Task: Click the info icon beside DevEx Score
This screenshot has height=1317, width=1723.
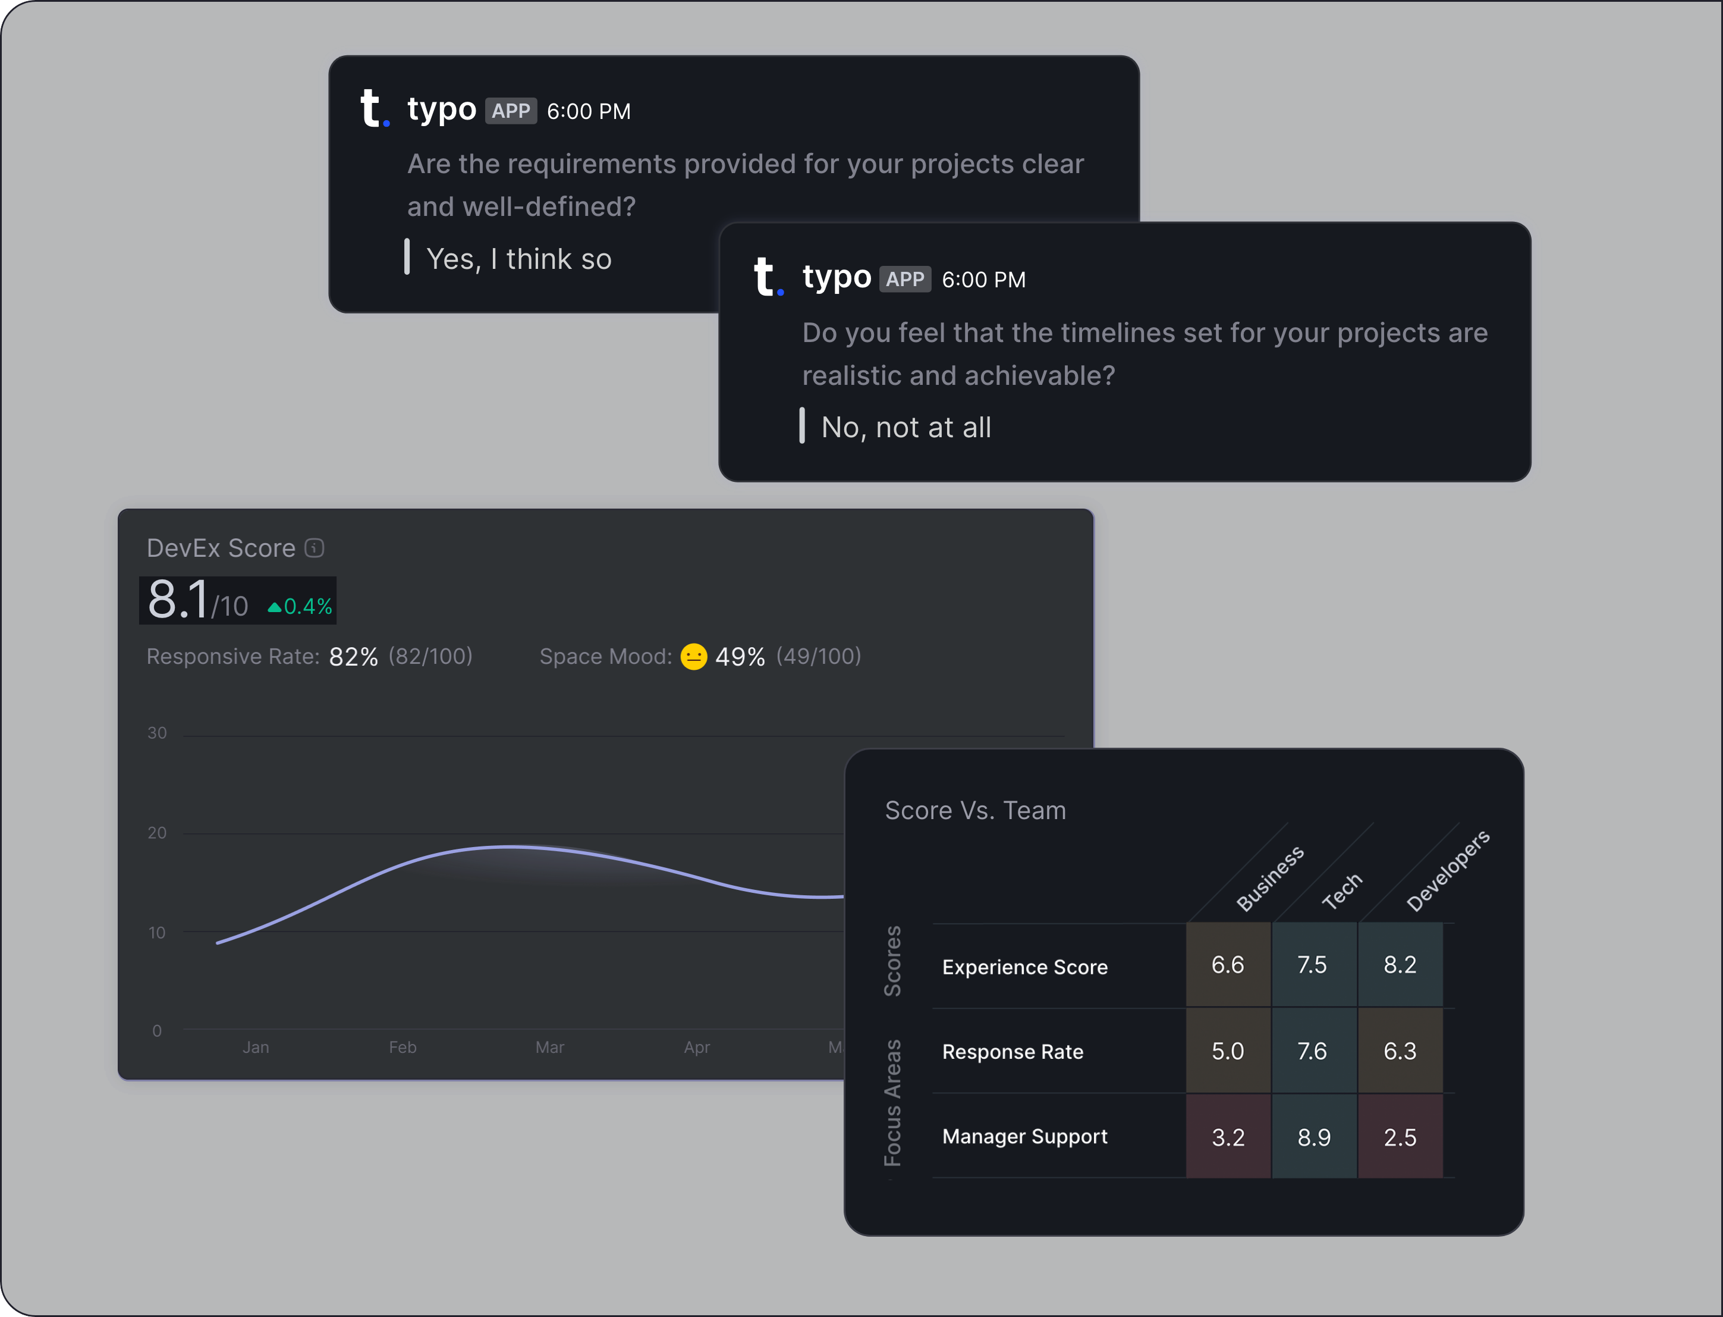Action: click(314, 548)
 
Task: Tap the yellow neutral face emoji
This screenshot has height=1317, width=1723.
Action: click(693, 656)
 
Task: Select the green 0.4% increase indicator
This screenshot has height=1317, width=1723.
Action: click(300, 607)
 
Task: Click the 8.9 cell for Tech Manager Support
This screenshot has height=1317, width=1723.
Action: click(1314, 1137)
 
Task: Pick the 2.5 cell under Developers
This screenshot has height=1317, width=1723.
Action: click(1400, 1137)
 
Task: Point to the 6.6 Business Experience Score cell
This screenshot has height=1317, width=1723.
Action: click(1228, 965)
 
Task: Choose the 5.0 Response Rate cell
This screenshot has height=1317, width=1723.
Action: click(1228, 1051)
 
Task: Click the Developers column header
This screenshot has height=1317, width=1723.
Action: click(1447, 871)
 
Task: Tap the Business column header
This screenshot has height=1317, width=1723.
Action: click(1270, 878)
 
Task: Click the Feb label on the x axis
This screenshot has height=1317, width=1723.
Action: click(403, 1048)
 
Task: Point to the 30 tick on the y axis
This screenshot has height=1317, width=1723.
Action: click(157, 733)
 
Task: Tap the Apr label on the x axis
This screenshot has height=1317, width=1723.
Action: click(697, 1048)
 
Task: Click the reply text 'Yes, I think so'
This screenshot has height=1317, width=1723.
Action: click(518, 259)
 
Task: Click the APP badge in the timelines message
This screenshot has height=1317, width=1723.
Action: click(905, 280)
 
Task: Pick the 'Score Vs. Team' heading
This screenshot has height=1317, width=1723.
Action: click(976, 811)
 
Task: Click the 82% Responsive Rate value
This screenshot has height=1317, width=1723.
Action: click(353, 657)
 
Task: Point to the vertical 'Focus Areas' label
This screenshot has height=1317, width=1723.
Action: click(892, 1102)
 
